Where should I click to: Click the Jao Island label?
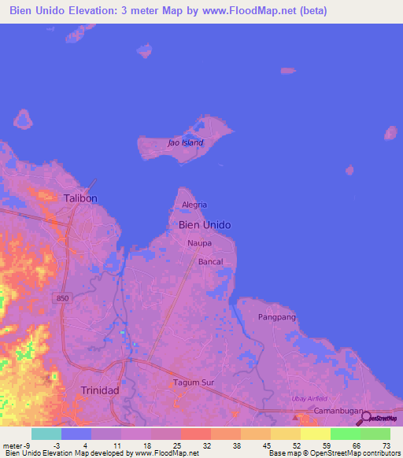click(186, 142)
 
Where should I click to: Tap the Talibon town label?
click(80, 198)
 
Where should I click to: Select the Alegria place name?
click(194, 205)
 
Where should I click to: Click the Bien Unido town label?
click(205, 224)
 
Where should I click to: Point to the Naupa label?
click(199, 243)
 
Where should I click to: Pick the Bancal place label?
click(210, 261)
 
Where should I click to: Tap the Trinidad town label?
click(100, 390)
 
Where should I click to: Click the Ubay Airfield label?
click(309, 398)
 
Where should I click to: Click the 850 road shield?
click(63, 297)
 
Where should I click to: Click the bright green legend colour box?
click(346, 434)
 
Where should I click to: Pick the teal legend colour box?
click(46, 434)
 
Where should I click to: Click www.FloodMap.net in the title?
click(250, 11)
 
